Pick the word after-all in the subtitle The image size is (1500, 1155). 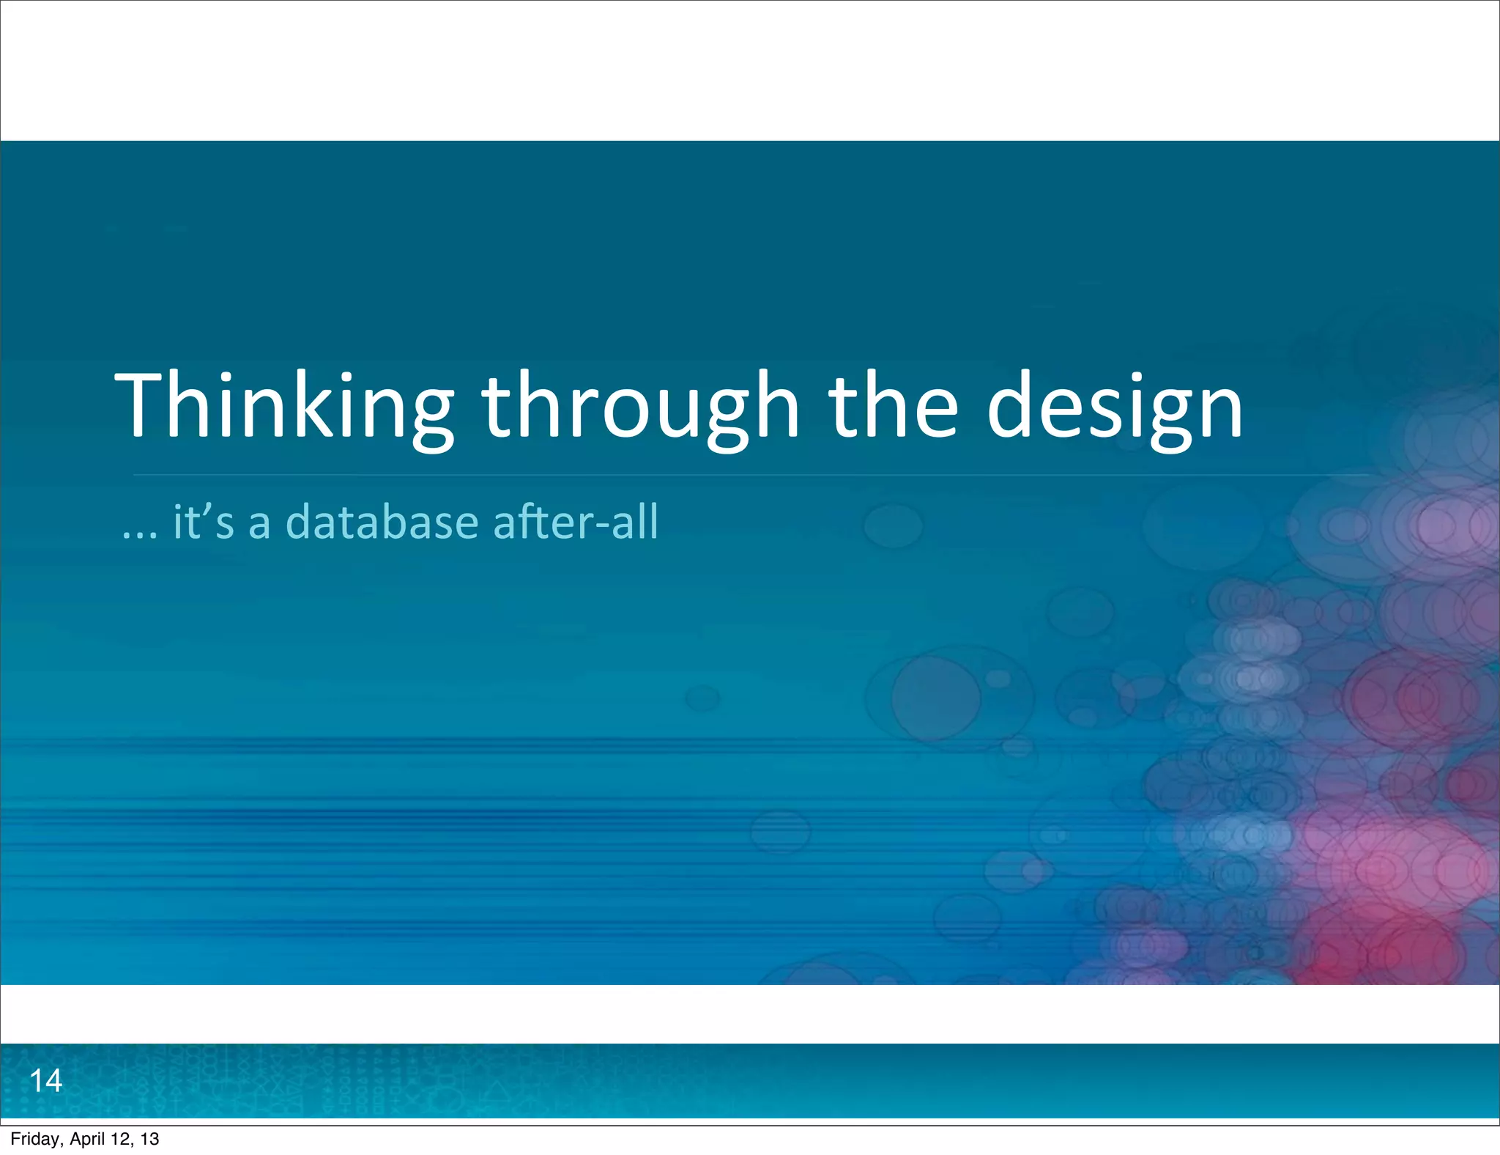tap(576, 522)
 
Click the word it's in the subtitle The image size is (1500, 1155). tap(204, 522)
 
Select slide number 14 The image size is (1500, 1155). tap(45, 1081)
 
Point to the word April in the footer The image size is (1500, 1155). tap(86, 1139)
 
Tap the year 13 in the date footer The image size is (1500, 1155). tap(149, 1139)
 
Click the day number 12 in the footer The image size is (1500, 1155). tap(121, 1139)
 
